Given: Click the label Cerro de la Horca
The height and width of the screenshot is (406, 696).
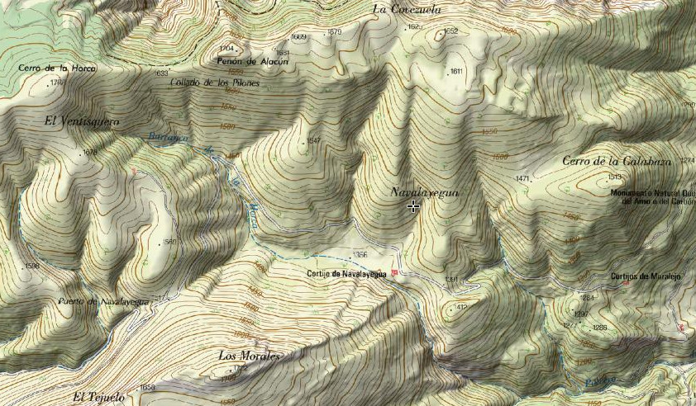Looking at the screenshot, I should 58,68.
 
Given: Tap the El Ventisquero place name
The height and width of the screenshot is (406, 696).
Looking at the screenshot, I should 82,121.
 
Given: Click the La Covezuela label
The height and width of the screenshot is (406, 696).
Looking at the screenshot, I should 408,10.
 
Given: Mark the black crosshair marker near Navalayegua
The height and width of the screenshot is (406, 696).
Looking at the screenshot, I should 412,206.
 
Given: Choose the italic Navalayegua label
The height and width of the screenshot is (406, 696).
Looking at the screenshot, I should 424,191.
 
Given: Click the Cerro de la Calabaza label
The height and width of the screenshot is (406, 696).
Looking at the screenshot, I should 615,161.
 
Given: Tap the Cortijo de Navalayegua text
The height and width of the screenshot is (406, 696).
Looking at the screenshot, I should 346,274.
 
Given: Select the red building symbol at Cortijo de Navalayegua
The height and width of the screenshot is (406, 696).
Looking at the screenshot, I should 395,273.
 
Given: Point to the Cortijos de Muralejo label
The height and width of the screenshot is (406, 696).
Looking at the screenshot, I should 645,276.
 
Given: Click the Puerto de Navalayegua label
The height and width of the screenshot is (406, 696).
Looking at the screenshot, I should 103,301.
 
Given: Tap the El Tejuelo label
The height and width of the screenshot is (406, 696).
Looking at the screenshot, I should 98,397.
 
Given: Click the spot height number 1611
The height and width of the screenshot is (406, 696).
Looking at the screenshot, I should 456,72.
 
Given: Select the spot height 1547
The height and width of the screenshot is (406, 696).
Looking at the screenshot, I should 313,141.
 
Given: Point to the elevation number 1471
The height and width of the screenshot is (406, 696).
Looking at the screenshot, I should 522,178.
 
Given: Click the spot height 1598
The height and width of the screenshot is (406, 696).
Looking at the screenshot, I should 33,266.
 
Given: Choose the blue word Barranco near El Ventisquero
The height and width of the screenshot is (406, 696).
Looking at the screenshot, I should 164,136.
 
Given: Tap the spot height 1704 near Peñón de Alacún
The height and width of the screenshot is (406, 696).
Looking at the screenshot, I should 226,49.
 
